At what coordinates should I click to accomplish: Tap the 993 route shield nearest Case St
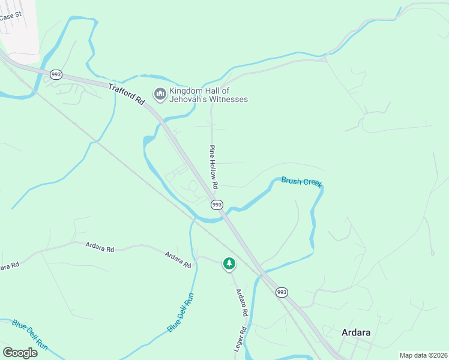56,74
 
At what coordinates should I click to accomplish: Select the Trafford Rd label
127,95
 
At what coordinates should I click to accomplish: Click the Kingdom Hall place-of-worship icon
160,94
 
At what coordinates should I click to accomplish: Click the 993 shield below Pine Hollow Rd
217,205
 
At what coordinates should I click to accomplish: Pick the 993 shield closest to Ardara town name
282,292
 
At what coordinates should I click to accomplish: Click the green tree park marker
229,263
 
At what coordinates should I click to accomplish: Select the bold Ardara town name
356,332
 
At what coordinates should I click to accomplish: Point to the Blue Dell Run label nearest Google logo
30,334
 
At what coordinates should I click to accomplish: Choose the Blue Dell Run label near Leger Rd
181,313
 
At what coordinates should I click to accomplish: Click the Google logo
20,353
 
